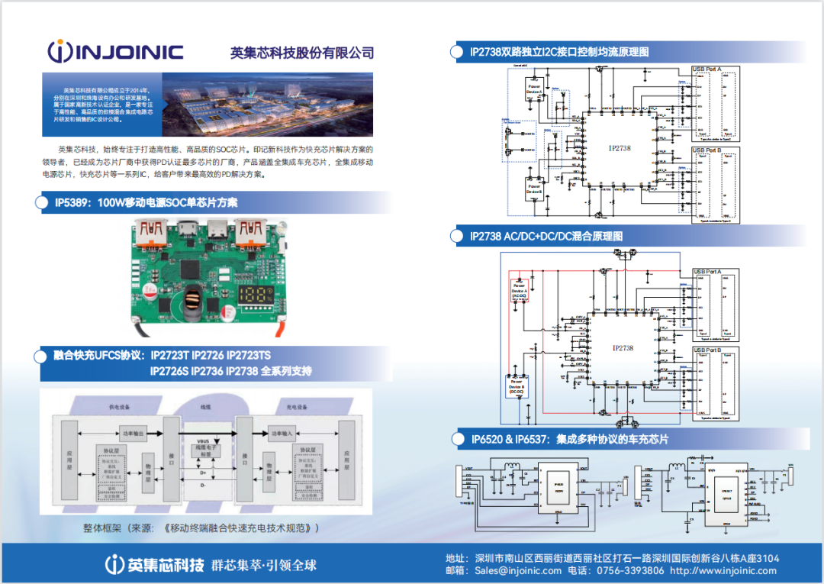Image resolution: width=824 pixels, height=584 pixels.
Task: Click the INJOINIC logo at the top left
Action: pyautogui.click(x=114, y=52)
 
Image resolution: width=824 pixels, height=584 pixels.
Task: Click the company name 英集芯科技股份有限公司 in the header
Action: pyautogui.click(x=302, y=53)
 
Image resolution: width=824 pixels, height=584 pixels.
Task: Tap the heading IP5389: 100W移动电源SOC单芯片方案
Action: pyautogui.click(x=146, y=202)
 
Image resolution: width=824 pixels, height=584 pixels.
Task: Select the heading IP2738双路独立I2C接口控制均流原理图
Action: pyautogui.click(x=559, y=52)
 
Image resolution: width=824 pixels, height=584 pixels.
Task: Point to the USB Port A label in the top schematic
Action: pyautogui.click(x=706, y=69)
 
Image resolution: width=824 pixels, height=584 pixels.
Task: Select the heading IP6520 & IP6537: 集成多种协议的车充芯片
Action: pyautogui.click(x=569, y=439)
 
